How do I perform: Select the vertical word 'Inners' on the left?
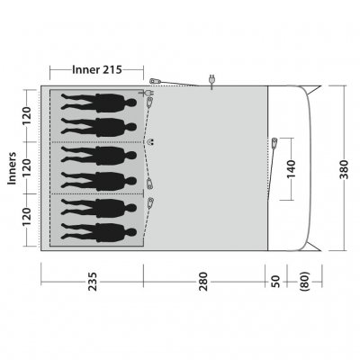click(x=12, y=166)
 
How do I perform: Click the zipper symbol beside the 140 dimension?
click(x=274, y=142)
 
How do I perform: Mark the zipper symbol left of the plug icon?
click(x=154, y=81)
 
